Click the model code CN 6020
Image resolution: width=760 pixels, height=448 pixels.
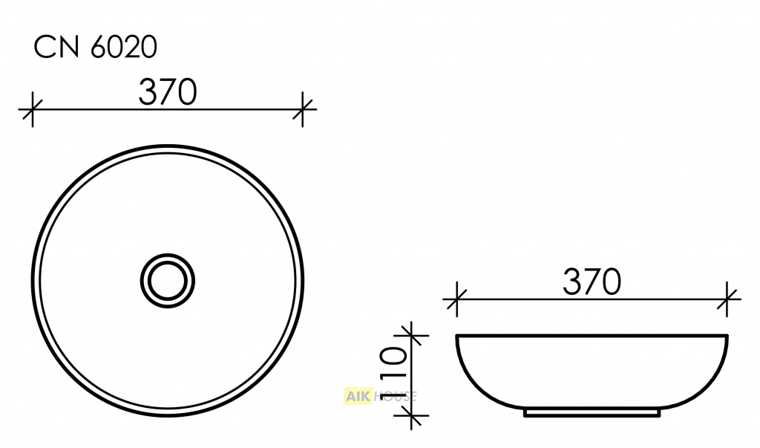tap(95, 48)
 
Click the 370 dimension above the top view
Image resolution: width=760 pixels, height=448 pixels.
tap(168, 92)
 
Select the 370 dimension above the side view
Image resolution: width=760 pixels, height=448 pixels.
tap(592, 282)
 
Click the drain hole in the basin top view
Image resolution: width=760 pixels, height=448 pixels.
tap(168, 281)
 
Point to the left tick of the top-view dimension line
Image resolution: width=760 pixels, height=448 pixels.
tap(33, 109)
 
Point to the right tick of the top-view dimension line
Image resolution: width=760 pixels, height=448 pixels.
tap(303, 109)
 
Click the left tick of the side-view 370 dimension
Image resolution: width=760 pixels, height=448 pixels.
tap(456, 299)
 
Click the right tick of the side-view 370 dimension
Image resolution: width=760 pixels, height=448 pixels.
tap(727, 299)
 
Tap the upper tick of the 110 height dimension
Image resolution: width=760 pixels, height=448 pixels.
tap(411, 335)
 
